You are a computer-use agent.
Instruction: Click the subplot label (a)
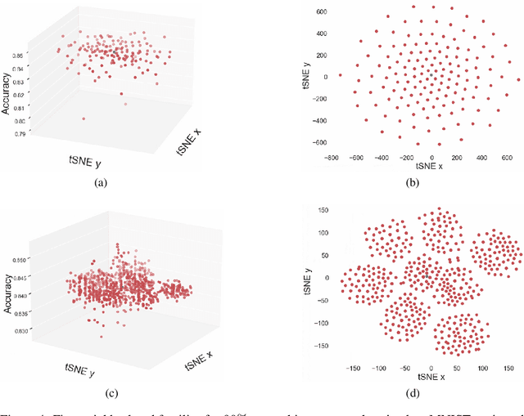tap(102, 183)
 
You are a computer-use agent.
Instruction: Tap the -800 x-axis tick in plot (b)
tap(332, 158)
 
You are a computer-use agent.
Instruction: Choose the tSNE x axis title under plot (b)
tap(431, 167)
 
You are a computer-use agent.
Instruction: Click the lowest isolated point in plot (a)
tap(84, 119)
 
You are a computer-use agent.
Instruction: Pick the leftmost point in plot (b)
tap(340, 75)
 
